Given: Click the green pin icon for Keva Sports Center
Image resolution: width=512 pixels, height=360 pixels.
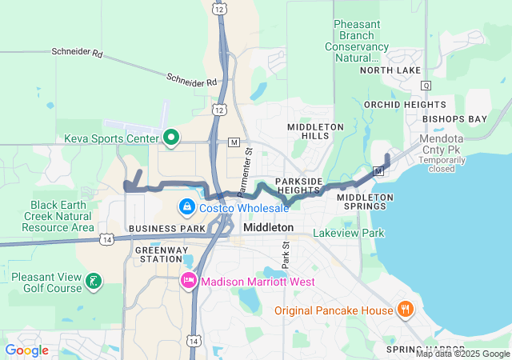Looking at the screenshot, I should coord(170,138).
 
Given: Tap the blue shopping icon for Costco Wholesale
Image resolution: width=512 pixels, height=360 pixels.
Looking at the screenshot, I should coord(186,207).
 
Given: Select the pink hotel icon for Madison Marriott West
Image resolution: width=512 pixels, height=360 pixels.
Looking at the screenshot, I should coord(189,281).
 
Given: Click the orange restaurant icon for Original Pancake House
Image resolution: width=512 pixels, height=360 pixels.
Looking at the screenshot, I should coord(406,310).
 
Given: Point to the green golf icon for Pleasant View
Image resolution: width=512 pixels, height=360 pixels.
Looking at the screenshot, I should coord(94,280).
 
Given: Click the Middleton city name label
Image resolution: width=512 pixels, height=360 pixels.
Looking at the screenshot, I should coord(268,228).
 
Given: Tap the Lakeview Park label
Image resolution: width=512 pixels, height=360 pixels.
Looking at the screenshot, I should coord(348,234).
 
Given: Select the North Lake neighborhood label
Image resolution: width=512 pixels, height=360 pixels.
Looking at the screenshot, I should coord(390,70).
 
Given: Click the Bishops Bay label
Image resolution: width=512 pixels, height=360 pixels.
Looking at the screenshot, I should coord(454,119).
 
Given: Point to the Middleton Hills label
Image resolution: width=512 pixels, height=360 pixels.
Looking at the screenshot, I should coord(315,131).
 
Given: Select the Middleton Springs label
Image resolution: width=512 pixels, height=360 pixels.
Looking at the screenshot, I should coord(365,202).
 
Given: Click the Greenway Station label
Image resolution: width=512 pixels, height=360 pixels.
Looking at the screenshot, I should coord(158,254).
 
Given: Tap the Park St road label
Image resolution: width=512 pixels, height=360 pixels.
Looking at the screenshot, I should coord(286,257).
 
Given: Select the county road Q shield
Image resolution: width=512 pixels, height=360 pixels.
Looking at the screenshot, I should coord(426,85).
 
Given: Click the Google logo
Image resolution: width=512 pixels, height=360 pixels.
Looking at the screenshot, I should coord(27,350).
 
